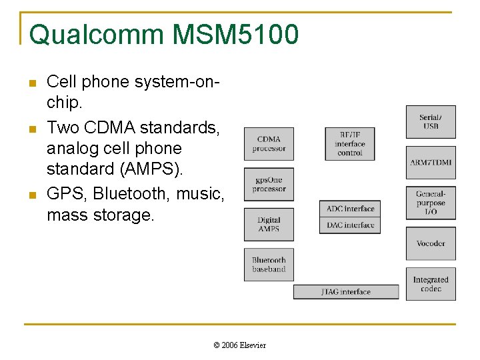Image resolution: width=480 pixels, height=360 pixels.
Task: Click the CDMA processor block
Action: pyautogui.click(x=269, y=144)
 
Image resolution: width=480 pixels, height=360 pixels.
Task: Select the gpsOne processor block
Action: pyautogui.click(x=269, y=185)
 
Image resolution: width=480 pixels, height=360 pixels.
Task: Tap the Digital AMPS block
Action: pyautogui.click(x=269, y=225)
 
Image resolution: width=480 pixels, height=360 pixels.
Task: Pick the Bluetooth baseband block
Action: pyautogui.click(x=269, y=265)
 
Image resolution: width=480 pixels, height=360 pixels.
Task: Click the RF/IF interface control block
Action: pyautogui.click(x=350, y=143)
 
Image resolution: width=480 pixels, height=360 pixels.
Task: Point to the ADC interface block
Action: pyautogui.click(x=350, y=209)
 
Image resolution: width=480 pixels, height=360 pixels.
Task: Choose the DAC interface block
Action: pyautogui.click(x=350, y=225)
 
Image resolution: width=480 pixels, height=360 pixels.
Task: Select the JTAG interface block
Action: pyautogui.click(x=346, y=292)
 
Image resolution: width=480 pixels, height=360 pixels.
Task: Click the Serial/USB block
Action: pyautogui.click(x=431, y=122)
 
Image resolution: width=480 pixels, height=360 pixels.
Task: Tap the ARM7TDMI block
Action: pyautogui.click(x=431, y=163)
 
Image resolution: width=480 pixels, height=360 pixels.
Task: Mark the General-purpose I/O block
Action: pyautogui.click(x=431, y=203)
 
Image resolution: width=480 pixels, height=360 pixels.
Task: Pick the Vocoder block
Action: pyautogui.click(x=431, y=243)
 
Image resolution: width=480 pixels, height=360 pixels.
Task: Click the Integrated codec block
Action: pyautogui.click(x=431, y=284)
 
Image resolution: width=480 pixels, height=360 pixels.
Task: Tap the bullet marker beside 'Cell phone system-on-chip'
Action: pyautogui.click(x=31, y=83)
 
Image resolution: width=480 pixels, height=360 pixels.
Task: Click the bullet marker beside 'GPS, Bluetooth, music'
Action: pyautogui.click(x=31, y=195)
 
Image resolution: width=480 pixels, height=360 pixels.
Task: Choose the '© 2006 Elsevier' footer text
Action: pyautogui.click(x=239, y=345)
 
